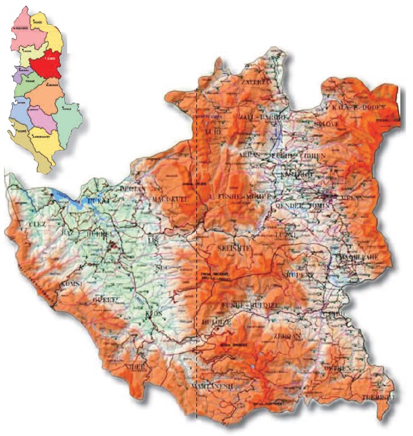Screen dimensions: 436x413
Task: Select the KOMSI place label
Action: click(70, 284)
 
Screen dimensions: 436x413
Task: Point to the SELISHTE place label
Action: click(219, 248)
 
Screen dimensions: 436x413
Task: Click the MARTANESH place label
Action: click(214, 386)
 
